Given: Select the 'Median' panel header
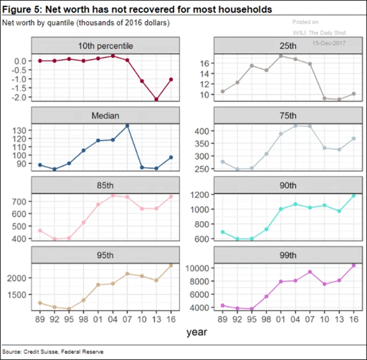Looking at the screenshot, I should [106, 115].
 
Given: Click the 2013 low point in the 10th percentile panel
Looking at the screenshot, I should [155, 99].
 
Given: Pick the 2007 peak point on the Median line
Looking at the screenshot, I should [127, 126].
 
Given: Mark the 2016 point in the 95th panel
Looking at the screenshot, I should [170, 265].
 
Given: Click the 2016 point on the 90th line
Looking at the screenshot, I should [353, 196].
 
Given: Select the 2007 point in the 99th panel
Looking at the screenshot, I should [310, 272].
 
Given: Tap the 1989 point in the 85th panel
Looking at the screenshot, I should [40, 231].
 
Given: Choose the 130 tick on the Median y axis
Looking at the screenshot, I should [21, 130].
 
